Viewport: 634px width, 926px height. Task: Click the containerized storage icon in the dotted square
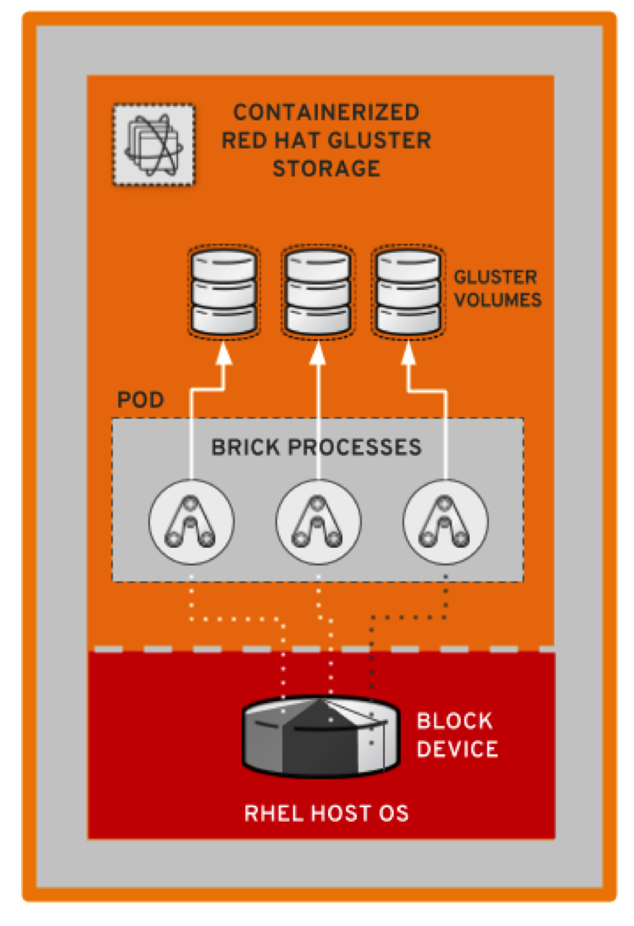pos(153,144)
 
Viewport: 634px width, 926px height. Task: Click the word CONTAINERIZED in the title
pos(326,113)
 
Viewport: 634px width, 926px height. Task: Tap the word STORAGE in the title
pos(326,169)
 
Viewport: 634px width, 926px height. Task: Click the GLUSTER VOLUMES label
pos(498,288)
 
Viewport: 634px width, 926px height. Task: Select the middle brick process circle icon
pos(318,519)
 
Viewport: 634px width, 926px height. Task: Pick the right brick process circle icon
pos(446,519)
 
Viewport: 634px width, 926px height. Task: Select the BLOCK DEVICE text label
pos(456,735)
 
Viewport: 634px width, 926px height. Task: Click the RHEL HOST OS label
pos(326,814)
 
